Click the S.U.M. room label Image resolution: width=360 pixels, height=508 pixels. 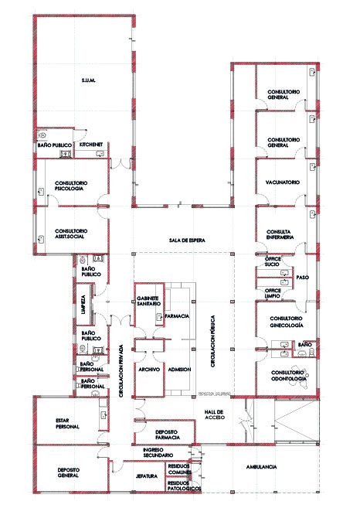tap(87, 80)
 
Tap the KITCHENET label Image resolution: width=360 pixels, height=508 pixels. tap(91, 145)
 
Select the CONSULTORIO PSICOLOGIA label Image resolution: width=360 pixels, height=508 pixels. tap(70, 186)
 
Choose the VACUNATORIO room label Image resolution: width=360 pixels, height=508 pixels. tap(277, 182)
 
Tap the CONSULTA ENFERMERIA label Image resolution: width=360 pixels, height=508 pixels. tap(277, 235)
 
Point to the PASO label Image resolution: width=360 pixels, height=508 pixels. tap(302, 277)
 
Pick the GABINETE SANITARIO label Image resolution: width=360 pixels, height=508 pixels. tap(148, 301)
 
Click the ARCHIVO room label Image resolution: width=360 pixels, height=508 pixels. tap(148, 370)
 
